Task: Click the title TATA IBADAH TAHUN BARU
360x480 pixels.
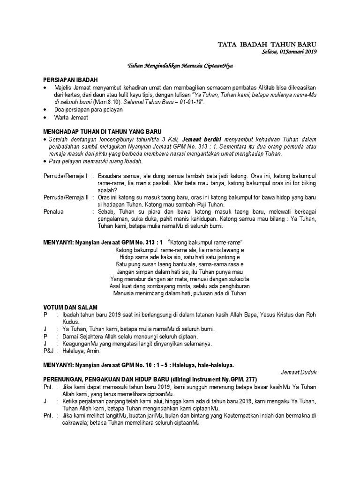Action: tap(267, 45)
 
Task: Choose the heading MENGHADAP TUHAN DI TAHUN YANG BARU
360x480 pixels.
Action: tap(102, 132)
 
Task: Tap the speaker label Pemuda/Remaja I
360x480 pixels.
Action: tap(66, 176)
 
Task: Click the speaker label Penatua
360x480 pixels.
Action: tap(54, 212)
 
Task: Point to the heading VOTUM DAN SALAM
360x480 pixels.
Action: tap(70, 307)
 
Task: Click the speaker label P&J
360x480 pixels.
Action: tap(48, 351)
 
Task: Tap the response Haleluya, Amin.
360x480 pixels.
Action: tap(80, 351)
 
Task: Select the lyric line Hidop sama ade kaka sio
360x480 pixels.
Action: tap(180, 258)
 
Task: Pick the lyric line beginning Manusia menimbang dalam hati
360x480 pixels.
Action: tap(180, 293)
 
